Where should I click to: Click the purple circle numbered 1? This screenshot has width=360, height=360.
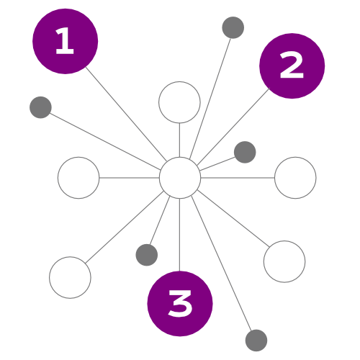click(x=65, y=41)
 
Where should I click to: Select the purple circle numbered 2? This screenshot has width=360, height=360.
click(x=292, y=66)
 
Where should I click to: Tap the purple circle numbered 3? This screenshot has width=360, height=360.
click(x=180, y=304)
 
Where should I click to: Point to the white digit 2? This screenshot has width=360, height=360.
click(x=292, y=66)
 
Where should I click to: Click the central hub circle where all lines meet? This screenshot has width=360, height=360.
click(x=180, y=178)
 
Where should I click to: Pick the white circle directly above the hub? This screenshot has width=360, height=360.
click(x=179, y=102)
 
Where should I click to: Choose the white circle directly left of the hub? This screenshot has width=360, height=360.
click(x=78, y=178)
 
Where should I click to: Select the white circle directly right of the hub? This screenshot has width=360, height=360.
click(x=295, y=178)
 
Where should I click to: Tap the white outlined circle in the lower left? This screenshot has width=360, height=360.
click(x=70, y=277)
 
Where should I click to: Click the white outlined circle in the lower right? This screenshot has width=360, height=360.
click(x=284, y=261)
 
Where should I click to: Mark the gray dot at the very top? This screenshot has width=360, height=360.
click(x=233, y=27)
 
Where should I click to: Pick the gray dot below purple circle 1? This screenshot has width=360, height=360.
click(x=40, y=107)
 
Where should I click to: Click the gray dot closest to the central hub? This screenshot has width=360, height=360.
click(x=245, y=152)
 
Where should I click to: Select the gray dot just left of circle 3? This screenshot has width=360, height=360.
click(x=147, y=255)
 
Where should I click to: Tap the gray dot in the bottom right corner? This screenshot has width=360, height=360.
click(x=256, y=341)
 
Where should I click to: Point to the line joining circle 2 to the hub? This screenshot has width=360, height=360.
click(x=233, y=127)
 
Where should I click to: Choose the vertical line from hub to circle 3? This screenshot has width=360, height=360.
click(x=179, y=235)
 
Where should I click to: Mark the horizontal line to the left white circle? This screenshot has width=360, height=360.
click(x=130, y=178)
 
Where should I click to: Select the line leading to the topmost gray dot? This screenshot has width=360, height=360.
click(x=210, y=99)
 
